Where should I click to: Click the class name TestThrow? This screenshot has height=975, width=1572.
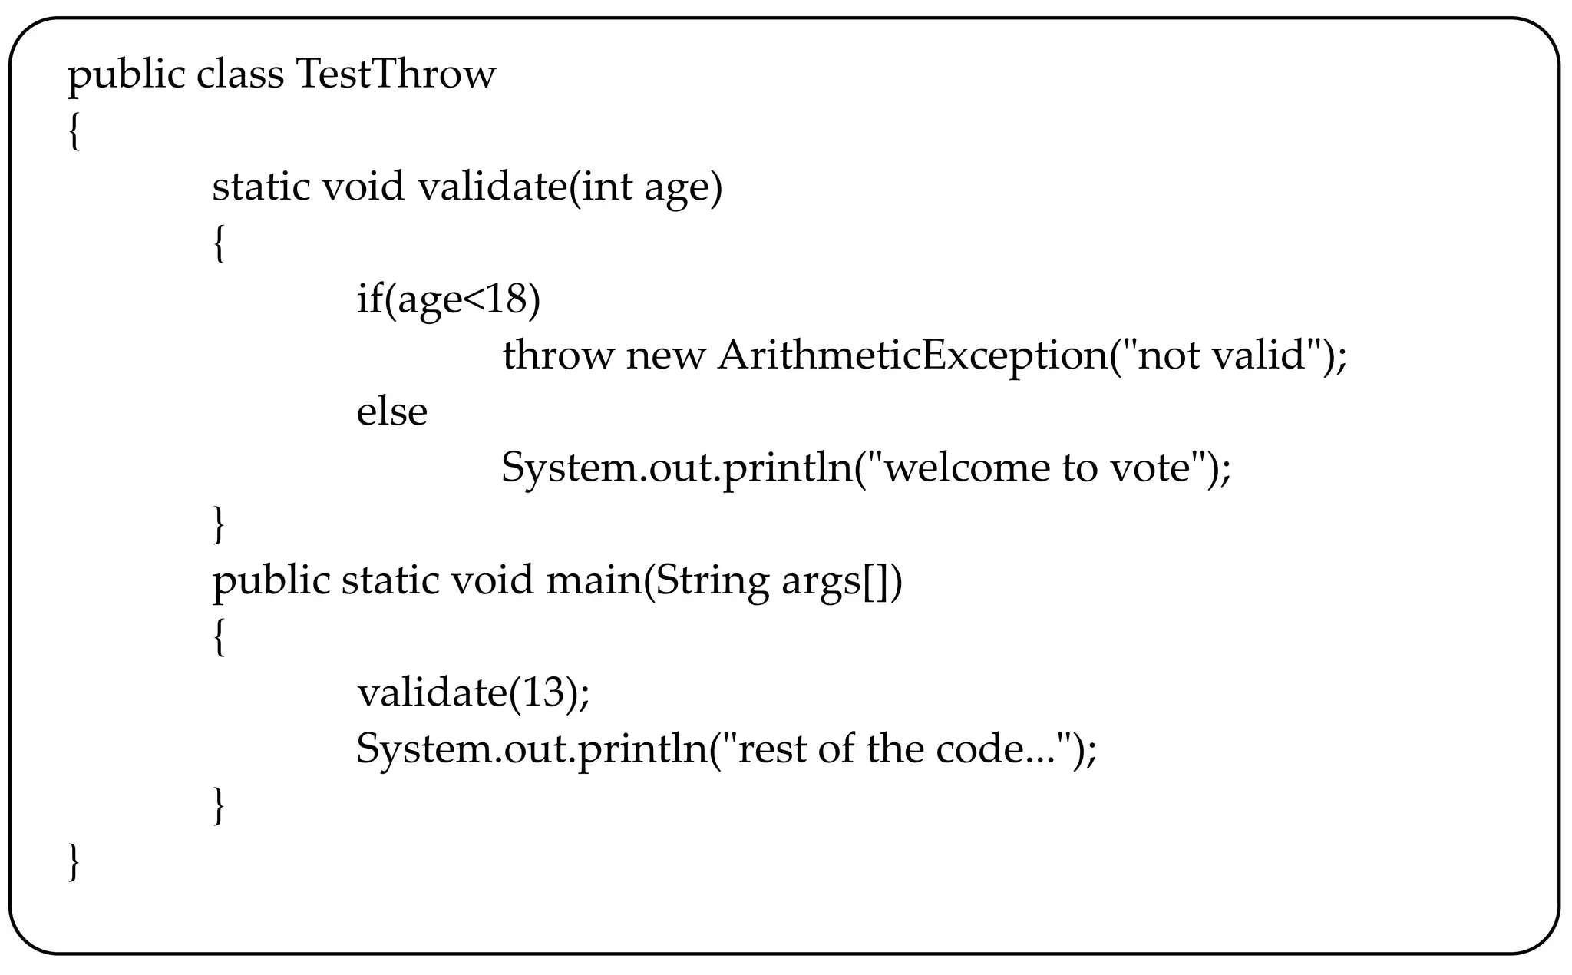point(395,74)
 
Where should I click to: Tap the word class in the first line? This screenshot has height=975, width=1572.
point(240,74)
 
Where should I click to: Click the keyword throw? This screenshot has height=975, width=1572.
point(558,355)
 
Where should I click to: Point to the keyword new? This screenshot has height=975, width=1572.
point(665,356)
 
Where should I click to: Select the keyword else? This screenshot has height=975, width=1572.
point(391,411)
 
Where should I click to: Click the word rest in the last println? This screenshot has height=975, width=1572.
point(770,749)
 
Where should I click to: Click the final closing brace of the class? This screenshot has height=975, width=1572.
point(74,862)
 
